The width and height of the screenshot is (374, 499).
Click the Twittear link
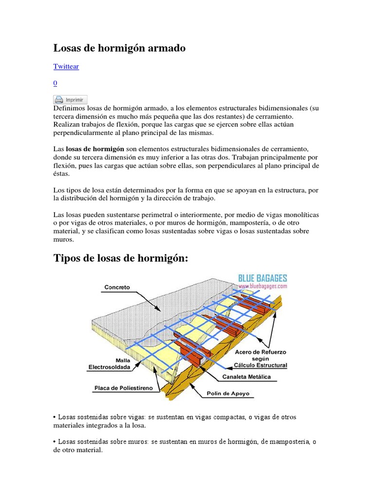pyautogui.click(x=66, y=66)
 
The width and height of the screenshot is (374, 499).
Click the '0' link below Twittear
pyautogui.click(x=55, y=83)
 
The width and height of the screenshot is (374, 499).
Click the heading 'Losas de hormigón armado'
pyautogui.click(x=119, y=48)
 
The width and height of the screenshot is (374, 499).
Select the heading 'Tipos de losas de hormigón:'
pyautogui.click(x=120, y=258)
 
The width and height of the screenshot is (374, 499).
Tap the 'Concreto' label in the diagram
pyautogui.click(x=117, y=288)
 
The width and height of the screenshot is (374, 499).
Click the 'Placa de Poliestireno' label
pyautogui.click(x=124, y=388)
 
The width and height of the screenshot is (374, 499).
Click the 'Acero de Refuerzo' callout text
pyautogui.click(x=261, y=351)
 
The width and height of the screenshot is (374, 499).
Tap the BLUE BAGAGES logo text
pyautogui.click(x=262, y=279)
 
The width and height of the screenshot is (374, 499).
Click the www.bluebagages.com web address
pyautogui.click(x=262, y=287)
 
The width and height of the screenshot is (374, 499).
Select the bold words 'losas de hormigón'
pyautogui.click(x=95, y=149)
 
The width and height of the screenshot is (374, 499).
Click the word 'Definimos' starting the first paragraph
pyautogui.click(x=70, y=107)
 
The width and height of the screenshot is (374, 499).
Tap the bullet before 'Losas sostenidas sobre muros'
pyautogui.click(x=55, y=442)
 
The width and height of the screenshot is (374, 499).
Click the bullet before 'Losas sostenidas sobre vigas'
pyautogui.click(x=55, y=417)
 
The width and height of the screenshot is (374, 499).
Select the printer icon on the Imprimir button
pyautogui.click(x=59, y=99)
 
